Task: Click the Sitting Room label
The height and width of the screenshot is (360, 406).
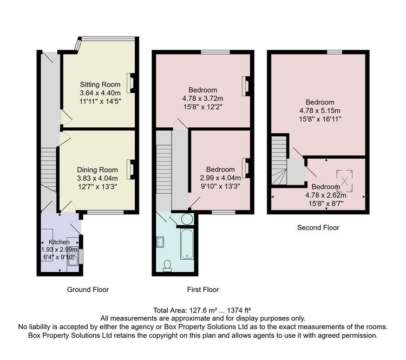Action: click(100, 84)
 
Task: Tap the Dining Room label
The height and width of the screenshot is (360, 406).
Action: click(97, 170)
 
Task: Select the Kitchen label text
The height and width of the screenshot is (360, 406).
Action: click(60, 242)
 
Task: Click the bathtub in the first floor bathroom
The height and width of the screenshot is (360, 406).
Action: click(187, 244)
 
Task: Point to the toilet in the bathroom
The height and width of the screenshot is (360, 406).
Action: click(167, 266)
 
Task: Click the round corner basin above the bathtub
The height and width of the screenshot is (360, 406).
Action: click(187, 219)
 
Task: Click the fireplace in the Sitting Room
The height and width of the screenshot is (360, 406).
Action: click(131, 83)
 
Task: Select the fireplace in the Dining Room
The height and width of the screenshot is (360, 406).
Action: click(131, 169)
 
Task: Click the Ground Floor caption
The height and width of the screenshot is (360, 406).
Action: click(88, 290)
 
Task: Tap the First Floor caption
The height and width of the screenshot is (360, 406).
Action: click(203, 290)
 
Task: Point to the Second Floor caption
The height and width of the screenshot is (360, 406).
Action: click(318, 228)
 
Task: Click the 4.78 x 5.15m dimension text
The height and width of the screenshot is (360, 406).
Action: click(320, 110)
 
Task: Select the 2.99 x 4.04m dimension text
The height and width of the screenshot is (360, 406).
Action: click(220, 178)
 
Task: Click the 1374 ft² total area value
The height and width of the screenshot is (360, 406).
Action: click(239, 310)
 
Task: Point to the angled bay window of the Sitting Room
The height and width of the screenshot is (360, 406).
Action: click(77, 44)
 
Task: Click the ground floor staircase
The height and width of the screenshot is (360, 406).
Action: click(49, 169)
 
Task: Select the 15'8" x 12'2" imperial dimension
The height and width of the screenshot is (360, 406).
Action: click(203, 107)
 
